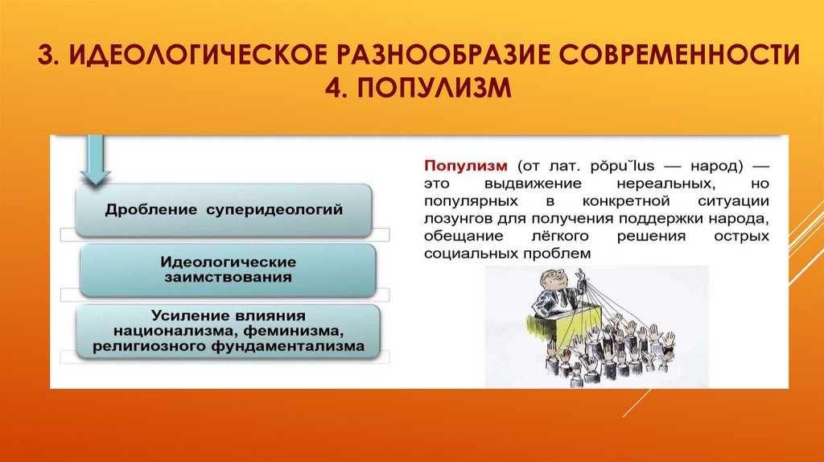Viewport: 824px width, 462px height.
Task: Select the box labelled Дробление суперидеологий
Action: (x=225, y=209)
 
